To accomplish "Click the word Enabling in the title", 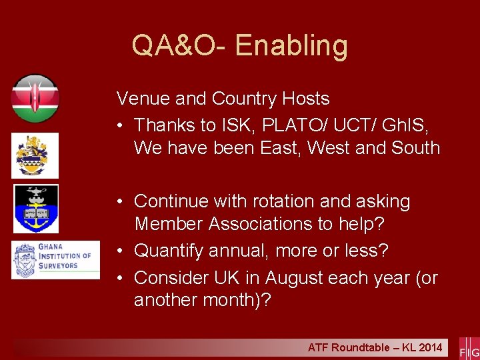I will tap(291, 46).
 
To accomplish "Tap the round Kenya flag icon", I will tap(35, 99).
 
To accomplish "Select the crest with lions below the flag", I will tap(35, 155).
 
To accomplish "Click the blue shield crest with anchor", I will tap(36, 208).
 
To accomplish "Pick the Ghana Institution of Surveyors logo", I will tap(55, 259).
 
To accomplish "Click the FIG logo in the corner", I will tap(469, 349).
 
